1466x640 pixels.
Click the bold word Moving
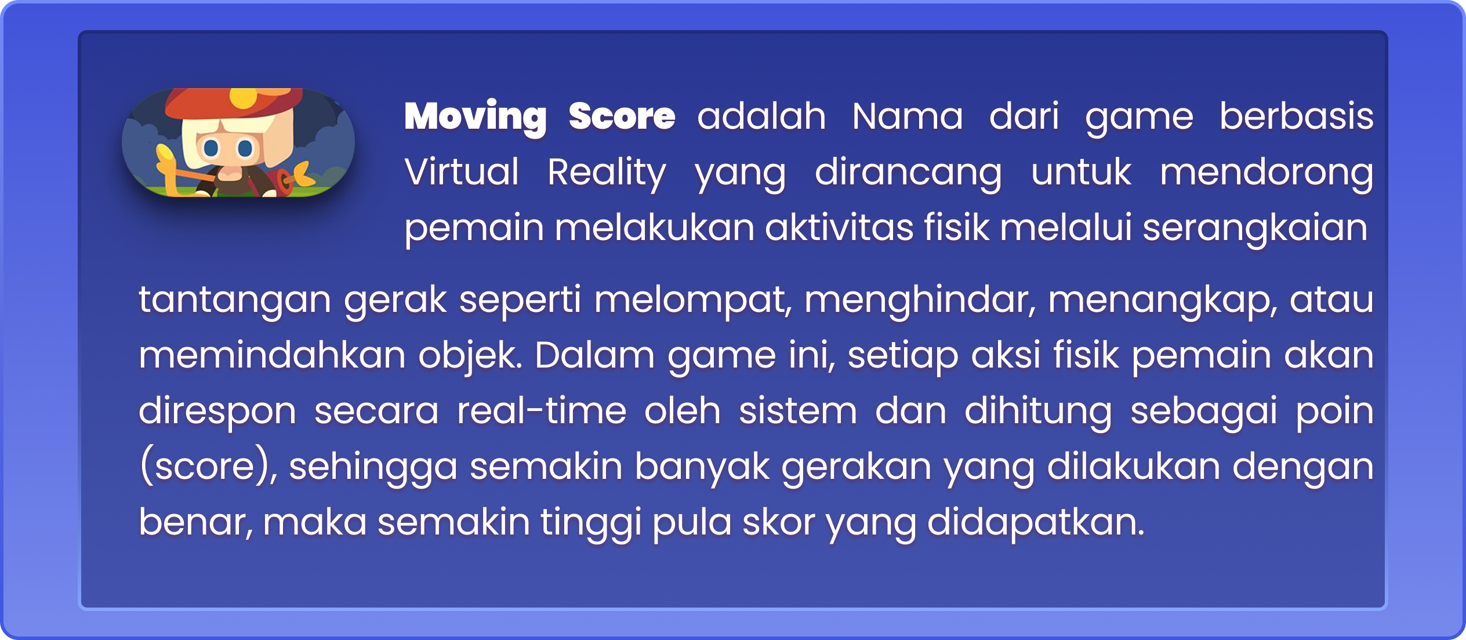(475, 117)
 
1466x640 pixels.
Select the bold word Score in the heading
(622, 116)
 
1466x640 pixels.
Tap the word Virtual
(462, 172)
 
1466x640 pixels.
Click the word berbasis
(1296, 116)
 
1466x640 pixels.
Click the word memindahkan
(271, 355)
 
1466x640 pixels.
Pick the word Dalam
(594, 355)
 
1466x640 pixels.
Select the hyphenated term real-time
(542, 410)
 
